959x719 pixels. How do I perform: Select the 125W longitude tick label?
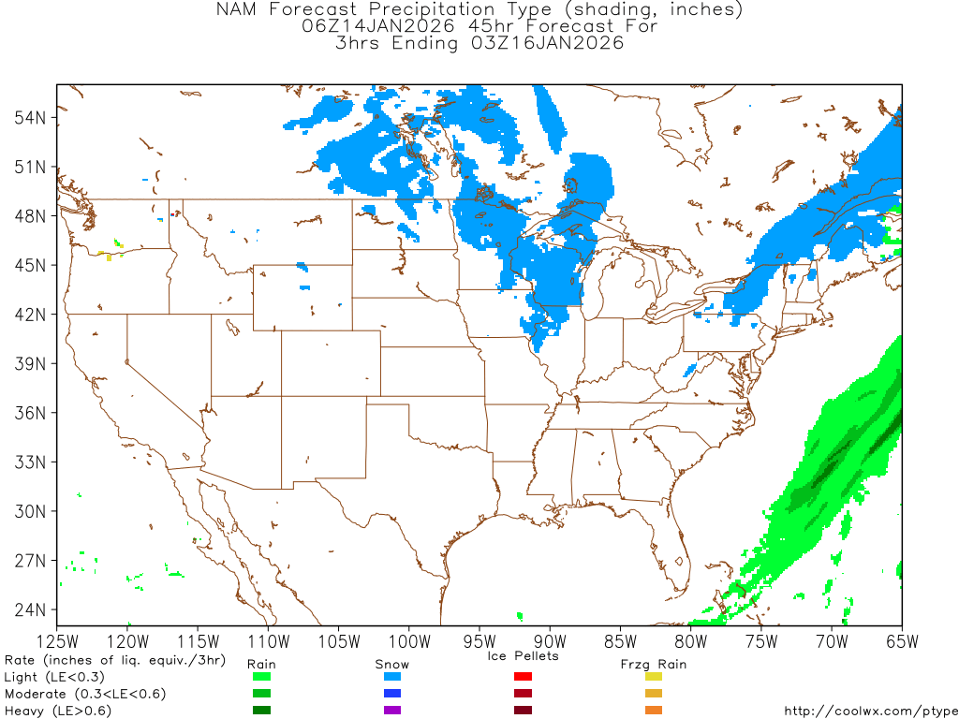coord(57,641)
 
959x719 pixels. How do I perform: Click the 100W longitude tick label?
coord(408,641)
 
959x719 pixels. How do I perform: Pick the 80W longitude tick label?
coord(690,641)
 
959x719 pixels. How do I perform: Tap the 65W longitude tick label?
coord(901,641)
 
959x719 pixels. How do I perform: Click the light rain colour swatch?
coord(261,677)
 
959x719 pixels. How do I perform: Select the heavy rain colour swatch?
coord(261,711)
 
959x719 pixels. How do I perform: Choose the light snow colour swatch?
coord(392,677)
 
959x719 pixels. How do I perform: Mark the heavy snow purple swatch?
coord(392,711)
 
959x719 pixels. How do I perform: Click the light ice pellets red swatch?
coord(524,677)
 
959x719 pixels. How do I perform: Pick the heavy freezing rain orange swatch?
coord(654,711)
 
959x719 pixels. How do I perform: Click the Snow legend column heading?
coord(391,664)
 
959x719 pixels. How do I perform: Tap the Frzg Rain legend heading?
coord(654,664)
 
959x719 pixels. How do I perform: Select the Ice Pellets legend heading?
coord(523,655)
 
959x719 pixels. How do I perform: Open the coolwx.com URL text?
coord(870,712)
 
